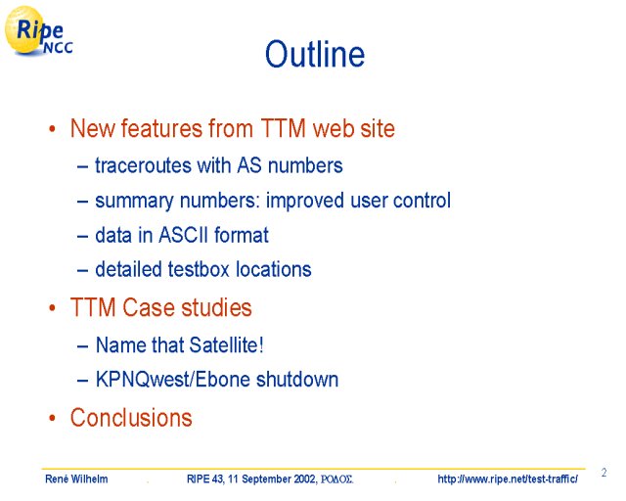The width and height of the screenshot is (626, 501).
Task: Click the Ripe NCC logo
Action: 39,31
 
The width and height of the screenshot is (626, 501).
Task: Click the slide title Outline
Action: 315,54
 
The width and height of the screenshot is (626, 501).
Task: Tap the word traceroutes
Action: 143,165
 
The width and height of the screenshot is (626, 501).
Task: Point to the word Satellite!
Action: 226,344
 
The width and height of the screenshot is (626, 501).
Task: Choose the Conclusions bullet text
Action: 131,418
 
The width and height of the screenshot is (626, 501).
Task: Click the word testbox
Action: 199,269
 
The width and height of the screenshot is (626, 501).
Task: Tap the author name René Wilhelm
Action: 76,478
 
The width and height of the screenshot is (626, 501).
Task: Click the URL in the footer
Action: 508,478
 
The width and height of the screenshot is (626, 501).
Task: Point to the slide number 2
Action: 604,473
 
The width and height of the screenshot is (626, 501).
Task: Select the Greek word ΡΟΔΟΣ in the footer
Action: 336,479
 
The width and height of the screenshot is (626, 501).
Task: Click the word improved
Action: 304,201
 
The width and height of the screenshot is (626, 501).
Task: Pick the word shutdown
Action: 297,379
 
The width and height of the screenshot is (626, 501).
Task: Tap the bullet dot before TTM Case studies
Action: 52,308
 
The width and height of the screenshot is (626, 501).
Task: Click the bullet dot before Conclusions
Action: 52,418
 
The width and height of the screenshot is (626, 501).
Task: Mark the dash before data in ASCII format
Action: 82,236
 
